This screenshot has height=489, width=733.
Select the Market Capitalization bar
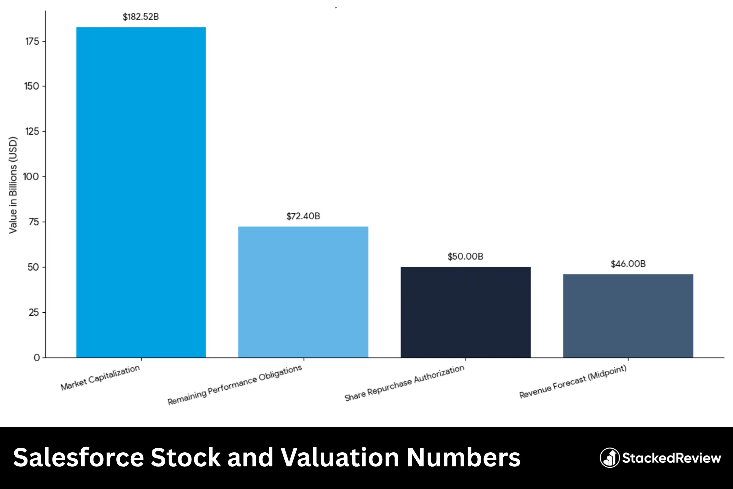coord(141,192)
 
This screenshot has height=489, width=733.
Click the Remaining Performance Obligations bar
coord(303,292)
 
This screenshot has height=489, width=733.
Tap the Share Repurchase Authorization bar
coord(465,312)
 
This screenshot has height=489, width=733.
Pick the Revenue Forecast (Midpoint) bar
coord(628,316)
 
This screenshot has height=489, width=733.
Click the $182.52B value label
coord(141,17)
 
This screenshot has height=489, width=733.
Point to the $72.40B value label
coord(303,216)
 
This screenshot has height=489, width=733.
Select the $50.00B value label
coord(465,256)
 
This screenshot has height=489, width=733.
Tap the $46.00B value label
coord(628,264)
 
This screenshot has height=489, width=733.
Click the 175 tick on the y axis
coord(32,42)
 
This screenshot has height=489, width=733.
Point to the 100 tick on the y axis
coord(31,177)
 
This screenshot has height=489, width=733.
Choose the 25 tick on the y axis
coord(34,312)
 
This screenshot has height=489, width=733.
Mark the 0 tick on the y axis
coord(37,358)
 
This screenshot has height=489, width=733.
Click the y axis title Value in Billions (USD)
coord(13,185)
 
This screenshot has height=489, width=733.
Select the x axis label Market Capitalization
coord(100,377)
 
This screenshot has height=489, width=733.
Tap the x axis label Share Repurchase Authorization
coord(404,383)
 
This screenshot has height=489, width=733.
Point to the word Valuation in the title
coord(340,458)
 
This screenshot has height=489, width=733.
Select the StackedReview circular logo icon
coord(609,458)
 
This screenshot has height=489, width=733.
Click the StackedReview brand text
coord(672,458)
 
